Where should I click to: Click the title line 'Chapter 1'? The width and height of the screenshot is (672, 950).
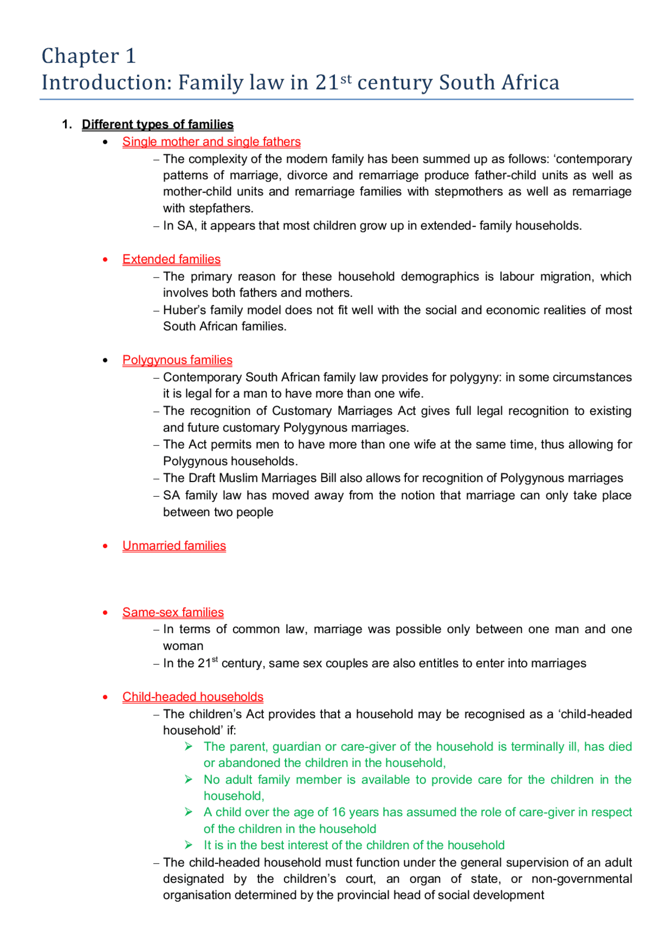pos(88,56)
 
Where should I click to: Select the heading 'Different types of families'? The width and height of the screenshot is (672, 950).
pos(157,124)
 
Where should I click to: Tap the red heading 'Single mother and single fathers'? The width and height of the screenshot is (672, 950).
pos(211,142)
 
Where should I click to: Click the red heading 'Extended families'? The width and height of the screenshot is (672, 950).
pos(171,259)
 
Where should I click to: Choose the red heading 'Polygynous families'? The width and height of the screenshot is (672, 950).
pos(177,360)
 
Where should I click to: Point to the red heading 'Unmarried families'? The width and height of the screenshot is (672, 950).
pos(174,546)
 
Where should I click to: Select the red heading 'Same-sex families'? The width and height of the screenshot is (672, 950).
pos(173,612)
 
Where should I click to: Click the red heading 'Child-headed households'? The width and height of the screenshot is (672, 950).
pos(193,697)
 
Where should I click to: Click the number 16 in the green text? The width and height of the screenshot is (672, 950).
pos(339,812)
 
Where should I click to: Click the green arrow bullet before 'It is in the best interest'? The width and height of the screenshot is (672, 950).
pos(189,845)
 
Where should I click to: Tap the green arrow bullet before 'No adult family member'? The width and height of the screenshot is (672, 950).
pos(189,780)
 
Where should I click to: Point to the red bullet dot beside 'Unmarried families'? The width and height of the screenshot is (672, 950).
pos(106,546)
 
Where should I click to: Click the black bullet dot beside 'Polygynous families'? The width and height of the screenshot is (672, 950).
pos(106,360)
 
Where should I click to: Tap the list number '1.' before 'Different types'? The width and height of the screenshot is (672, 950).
pos(67,124)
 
